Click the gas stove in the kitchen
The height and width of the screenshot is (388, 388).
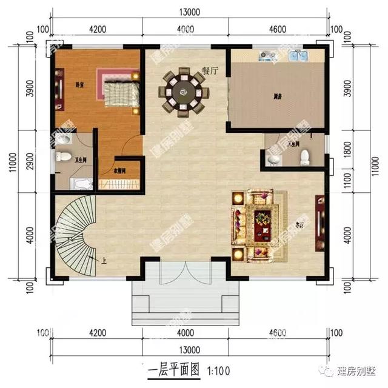click(267, 58)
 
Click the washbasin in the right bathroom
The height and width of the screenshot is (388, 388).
click(274, 159)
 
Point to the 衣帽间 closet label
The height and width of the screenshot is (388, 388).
click(120, 170)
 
